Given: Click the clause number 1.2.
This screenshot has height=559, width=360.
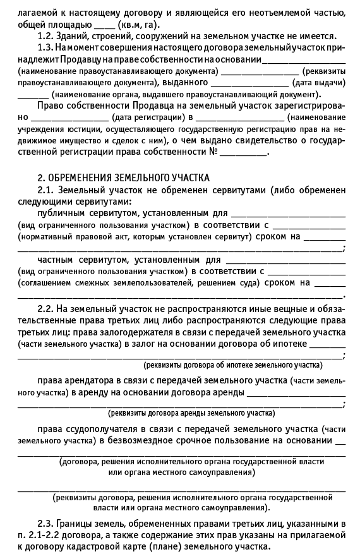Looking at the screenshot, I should (x=45, y=37).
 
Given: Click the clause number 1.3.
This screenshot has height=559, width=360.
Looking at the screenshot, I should (x=45, y=48).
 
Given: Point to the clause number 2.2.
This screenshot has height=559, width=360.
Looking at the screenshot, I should (x=45, y=308).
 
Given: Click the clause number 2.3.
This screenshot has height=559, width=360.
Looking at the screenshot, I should (x=45, y=524).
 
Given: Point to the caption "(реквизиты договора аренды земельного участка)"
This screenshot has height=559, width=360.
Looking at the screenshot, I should (x=191, y=413).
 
